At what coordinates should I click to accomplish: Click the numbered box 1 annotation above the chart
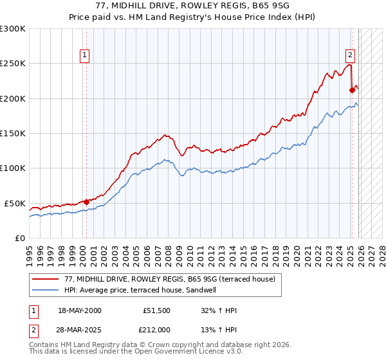tap(86, 56)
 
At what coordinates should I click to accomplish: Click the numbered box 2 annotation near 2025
tap(351, 56)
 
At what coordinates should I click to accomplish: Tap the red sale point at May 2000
tap(86, 202)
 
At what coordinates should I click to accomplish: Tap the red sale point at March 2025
tap(352, 90)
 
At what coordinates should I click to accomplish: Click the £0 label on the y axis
tap(19, 238)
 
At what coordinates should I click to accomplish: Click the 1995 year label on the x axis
tap(30, 253)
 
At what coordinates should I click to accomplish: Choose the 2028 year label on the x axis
tap(381, 253)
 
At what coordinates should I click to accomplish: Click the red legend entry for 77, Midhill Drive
tap(170, 279)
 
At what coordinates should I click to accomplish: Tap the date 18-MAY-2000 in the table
tap(79, 310)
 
